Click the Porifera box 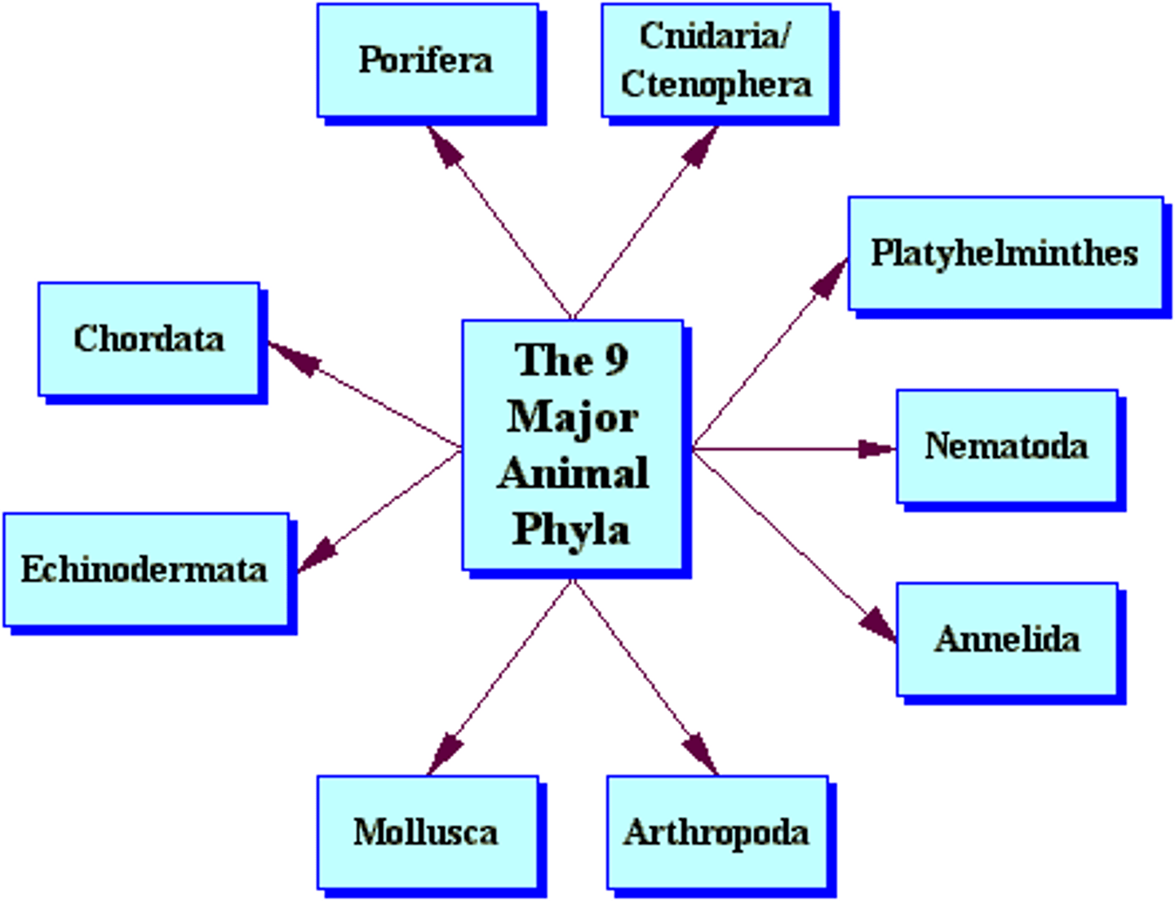[427, 60]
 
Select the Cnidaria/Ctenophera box [716, 60]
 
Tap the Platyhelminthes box [1004, 253]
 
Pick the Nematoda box [1006, 446]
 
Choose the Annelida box [1006, 639]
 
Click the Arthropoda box [716, 832]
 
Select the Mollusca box [427, 832]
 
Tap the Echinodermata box [145, 570]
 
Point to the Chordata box [149, 339]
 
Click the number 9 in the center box [616, 359]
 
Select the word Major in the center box [572, 417]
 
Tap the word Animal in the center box [572, 473]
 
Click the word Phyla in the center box [571, 530]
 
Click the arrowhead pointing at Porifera [445, 148]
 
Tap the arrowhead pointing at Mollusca [446, 752]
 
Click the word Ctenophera [716, 84]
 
